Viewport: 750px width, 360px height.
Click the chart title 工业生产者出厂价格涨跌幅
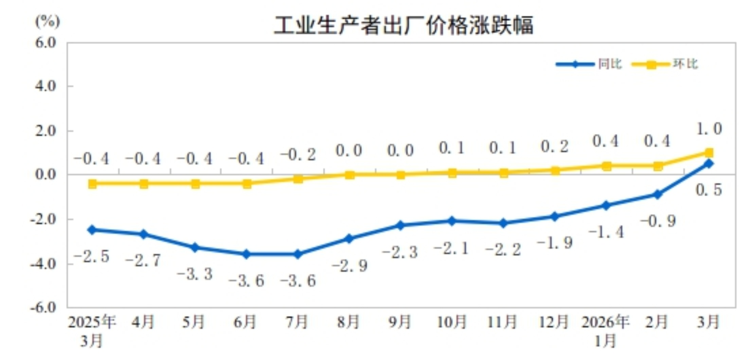[x=403, y=25]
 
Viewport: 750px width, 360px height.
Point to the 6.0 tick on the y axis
[x=46, y=43]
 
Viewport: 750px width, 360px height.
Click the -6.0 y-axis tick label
[x=43, y=308]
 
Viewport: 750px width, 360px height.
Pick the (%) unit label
[x=48, y=22]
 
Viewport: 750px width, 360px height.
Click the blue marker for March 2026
[x=709, y=164]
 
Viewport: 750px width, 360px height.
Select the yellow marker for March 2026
[x=709, y=152]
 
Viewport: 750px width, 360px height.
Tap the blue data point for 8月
[x=349, y=239]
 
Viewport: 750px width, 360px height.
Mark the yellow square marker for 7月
[x=298, y=179]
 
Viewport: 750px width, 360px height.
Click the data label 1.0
[x=709, y=129]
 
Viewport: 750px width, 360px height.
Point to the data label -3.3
[x=195, y=274]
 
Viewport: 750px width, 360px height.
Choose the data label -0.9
[x=658, y=221]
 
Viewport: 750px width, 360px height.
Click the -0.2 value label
[x=298, y=155]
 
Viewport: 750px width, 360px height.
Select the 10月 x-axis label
[x=452, y=322]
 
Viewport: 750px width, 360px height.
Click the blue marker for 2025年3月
[x=92, y=230]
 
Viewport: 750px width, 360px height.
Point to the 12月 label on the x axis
[x=554, y=322]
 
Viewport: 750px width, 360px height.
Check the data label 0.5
[x=709, y=190]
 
